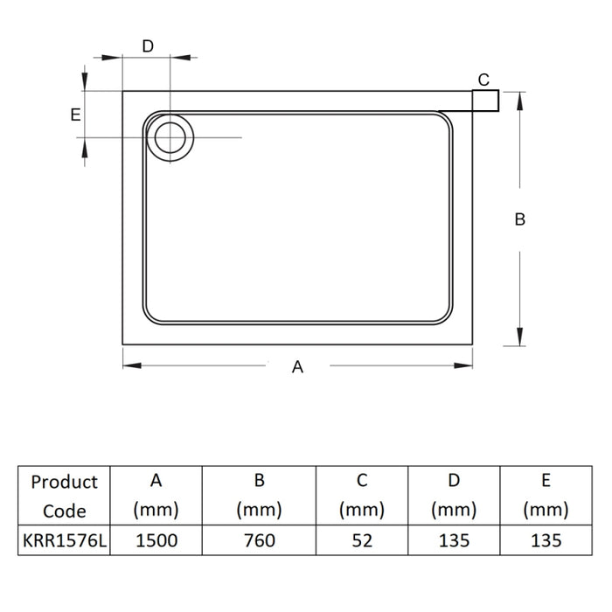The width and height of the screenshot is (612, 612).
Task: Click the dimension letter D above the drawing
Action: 148,46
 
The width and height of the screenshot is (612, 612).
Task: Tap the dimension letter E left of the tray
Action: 75,115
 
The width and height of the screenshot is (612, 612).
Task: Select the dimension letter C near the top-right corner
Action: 483,80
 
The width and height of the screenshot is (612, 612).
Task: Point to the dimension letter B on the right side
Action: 520,219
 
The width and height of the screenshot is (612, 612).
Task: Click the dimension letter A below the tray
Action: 298,367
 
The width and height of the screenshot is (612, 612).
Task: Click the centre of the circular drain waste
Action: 170,137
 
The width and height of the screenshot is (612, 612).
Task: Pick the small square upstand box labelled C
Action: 485,101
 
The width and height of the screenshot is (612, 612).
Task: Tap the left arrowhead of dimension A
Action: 132,365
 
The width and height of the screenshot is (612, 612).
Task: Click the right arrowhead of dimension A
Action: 463,365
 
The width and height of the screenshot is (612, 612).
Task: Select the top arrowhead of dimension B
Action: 519,101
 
